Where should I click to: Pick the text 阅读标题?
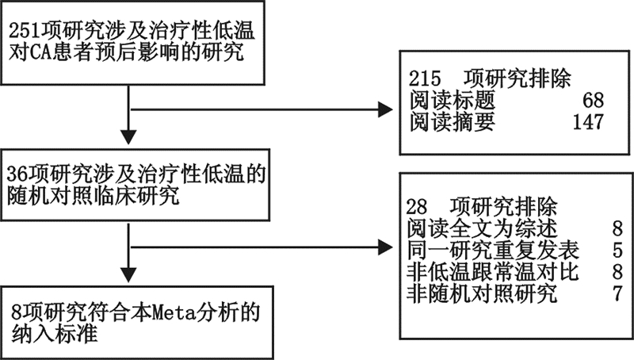tap(448, 101)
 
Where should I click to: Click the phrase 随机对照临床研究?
tap(87, 195)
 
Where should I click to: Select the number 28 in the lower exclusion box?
tap(417, 207)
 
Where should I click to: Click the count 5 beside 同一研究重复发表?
tap(617, 251)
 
